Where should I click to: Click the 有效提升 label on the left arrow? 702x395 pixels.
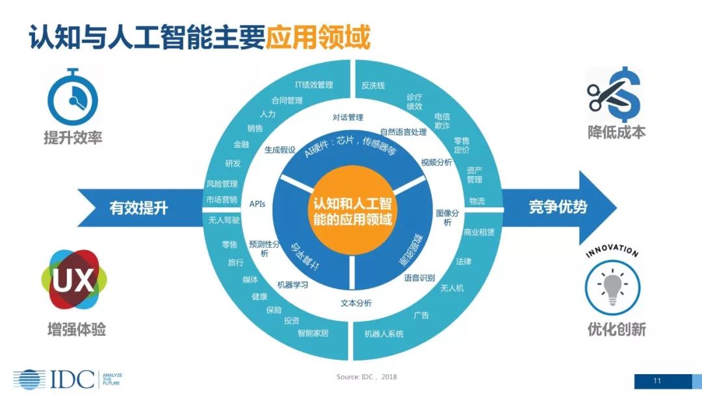pyautogui.click(x=138, y=207)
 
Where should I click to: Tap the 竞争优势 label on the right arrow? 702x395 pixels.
pyautogui.click(x=558, y=207)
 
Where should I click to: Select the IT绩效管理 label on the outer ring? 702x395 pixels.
pyautogui.click(x=313, y=84)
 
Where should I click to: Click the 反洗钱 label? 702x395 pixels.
pyautogui.click(x=373, y=85)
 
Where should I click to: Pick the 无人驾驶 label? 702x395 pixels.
pyautogui.click(x=224, y=220)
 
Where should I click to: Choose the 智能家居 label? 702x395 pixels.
pyautogui.click(x=313, y=333)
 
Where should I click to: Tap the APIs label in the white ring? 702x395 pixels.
pyautogui.click(x=257, y=203)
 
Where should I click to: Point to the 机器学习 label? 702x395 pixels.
pyautogui.click(x=292, y=285)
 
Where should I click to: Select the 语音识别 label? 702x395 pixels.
pyautogui.click(x=419, y=278)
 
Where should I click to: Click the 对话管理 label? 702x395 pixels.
pyautogui.click(x=348, y=118)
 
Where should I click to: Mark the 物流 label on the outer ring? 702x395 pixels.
pyautogui.click(x=476, y=201)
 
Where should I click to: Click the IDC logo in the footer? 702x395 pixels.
pyautogui.click(x=55, y=379)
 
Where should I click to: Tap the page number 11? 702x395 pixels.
pyautogui.click(x=657, y=381)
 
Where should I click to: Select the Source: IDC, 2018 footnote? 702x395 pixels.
pyautogui.click(x=367, y=377)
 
